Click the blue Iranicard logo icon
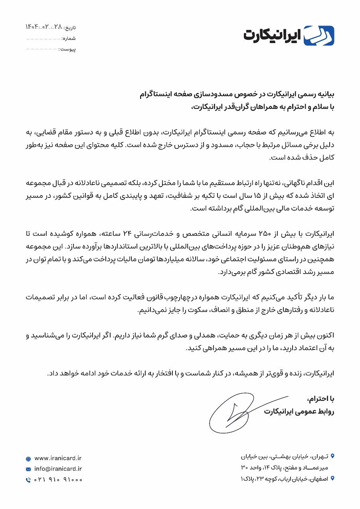319,36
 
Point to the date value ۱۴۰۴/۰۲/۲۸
44,27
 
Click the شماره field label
69,38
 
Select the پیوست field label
67,49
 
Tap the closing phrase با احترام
320,399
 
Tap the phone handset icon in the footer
28,480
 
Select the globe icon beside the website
28,459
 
